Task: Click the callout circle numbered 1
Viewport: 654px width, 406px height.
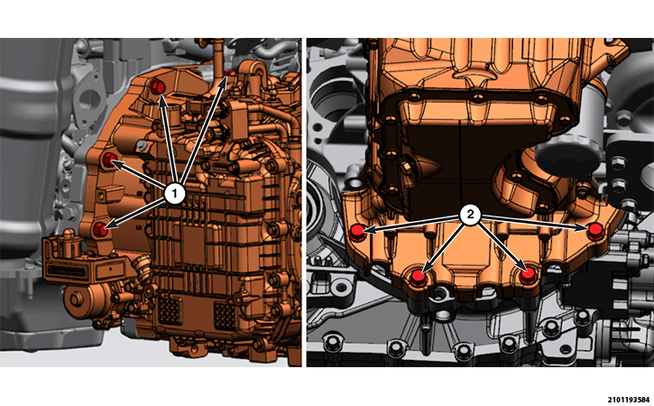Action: point(174,193)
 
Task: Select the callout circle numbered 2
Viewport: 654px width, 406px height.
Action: point(470,215)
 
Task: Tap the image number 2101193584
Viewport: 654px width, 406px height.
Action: point(631,401)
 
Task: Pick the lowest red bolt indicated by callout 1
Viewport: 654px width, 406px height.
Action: point(100,229)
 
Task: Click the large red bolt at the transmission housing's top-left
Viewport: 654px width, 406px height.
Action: point(158,87)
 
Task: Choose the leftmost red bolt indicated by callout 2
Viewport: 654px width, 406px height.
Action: point(357,232)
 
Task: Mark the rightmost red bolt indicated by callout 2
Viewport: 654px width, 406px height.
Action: point(595,231)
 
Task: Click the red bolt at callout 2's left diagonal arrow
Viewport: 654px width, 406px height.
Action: point(418,278)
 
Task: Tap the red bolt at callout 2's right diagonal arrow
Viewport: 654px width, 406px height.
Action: point(528,276)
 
